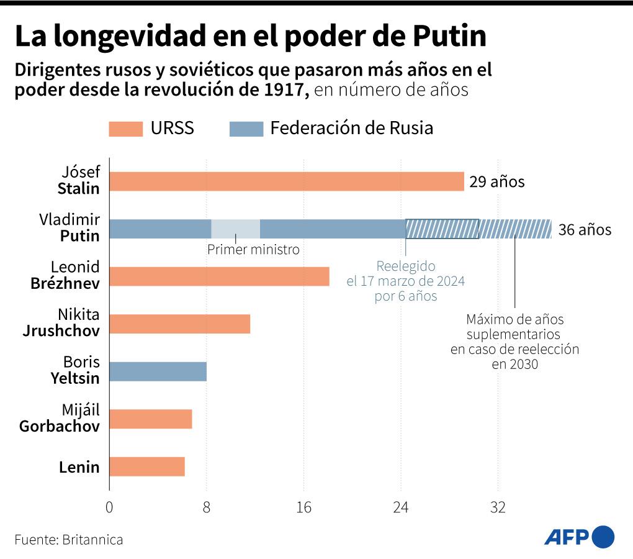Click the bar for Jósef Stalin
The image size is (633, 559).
(286, 181)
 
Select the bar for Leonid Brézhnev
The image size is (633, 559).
(219, 276)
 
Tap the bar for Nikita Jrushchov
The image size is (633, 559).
(179, 324)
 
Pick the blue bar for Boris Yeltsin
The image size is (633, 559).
(158, 371)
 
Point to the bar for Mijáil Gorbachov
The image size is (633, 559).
(150, 419)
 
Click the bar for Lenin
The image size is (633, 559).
(146, 466)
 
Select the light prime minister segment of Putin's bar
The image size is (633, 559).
(235, 229)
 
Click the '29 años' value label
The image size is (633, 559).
(497, 182)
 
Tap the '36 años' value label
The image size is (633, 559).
(585, 230)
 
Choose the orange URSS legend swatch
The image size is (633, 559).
(126, 129)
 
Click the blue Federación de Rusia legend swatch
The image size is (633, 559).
(247, 129)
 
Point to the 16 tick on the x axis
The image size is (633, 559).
(303, 507)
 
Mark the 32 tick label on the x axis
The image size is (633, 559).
(498, 507)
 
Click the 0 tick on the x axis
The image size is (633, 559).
(109, 507)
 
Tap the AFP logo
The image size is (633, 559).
(579, 537)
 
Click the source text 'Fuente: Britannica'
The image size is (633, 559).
(69, 539)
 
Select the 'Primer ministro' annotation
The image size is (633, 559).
(253, 250)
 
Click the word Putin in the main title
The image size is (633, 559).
(449, 37)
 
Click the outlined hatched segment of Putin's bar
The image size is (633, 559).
(442, 229)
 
